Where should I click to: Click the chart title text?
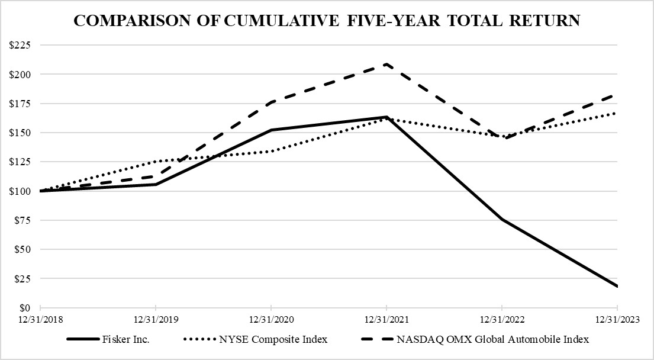tap(327, 21)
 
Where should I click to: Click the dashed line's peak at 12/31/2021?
tap(386, 64)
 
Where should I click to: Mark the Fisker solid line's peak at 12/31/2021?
tap(386, 117)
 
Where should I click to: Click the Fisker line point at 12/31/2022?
tap(502, 220)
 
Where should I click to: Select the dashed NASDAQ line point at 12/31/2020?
tap(271, 102)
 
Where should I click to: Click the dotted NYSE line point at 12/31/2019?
tap(156, 161)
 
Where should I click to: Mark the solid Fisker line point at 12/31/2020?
tap(271, 130)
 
